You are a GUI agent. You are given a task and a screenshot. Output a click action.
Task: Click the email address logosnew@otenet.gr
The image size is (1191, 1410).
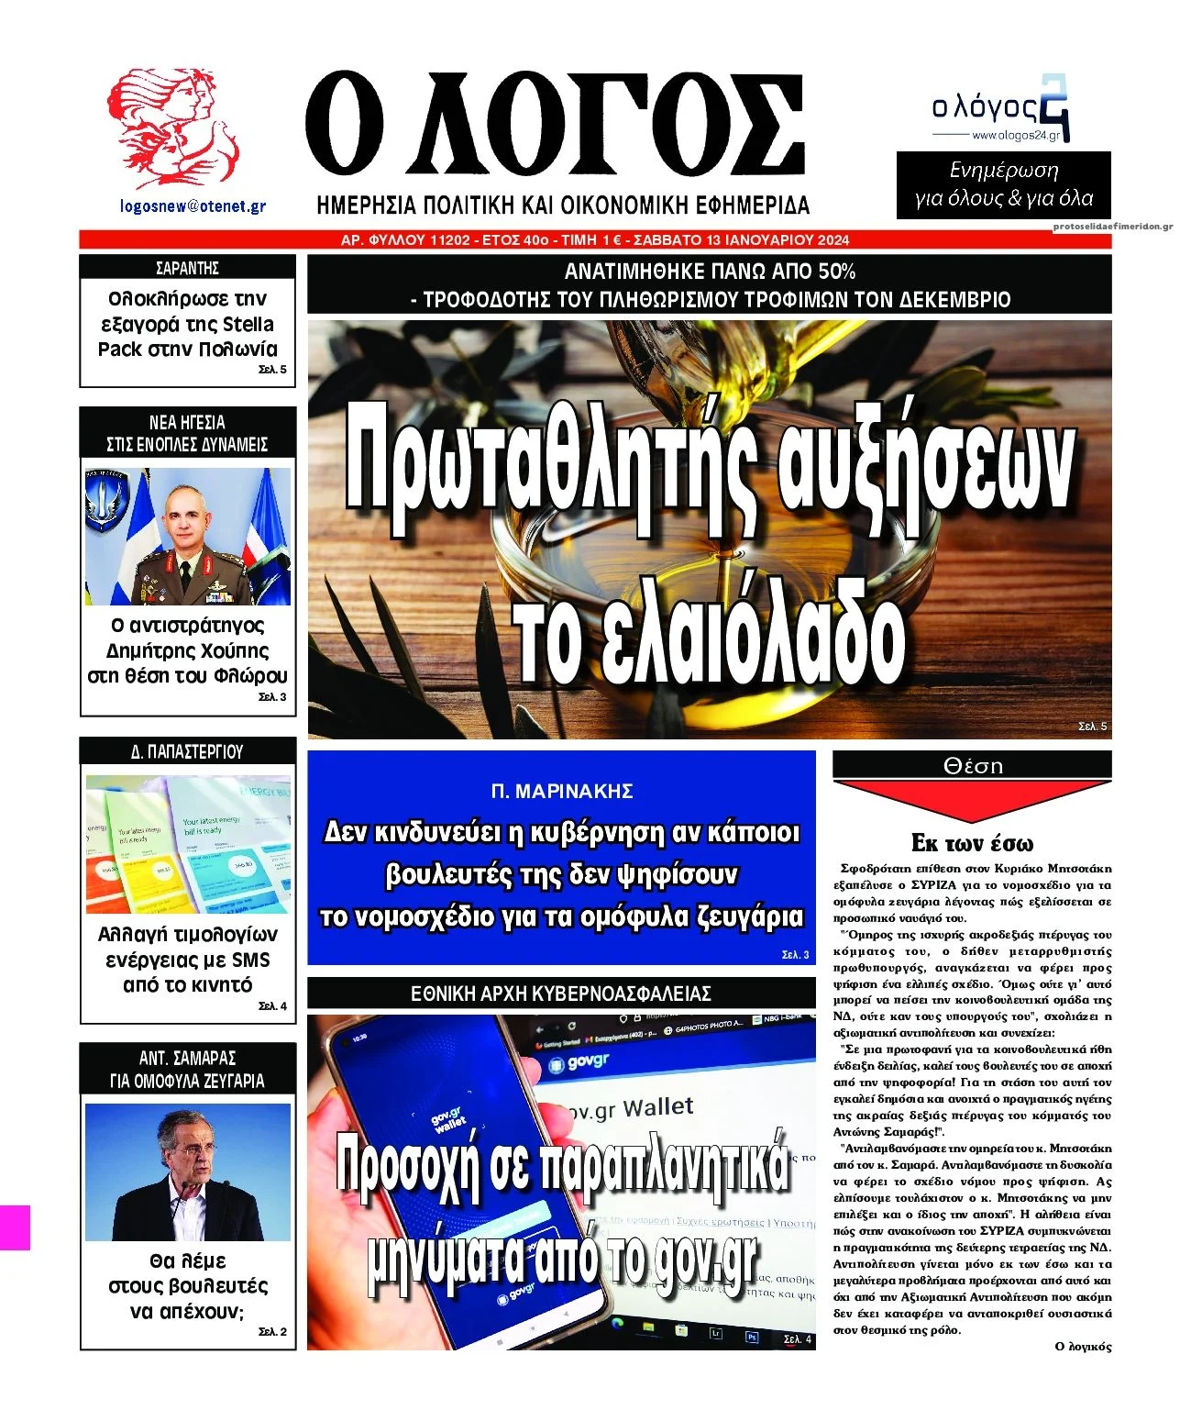point(193,206)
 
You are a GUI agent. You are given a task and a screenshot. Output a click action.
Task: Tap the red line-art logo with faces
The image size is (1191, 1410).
point(172,127)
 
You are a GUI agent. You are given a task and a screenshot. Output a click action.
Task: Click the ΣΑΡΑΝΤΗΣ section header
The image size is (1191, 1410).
point(187,268)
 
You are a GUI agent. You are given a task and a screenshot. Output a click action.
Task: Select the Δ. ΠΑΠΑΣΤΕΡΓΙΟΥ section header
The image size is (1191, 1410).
point(187,751)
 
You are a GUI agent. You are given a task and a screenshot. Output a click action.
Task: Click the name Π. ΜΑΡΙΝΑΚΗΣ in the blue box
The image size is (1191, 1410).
point(561,791)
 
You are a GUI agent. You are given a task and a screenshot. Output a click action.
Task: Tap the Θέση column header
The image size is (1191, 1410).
point(972,766)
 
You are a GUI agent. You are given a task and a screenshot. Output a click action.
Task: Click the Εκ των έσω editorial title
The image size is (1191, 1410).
point(972,843)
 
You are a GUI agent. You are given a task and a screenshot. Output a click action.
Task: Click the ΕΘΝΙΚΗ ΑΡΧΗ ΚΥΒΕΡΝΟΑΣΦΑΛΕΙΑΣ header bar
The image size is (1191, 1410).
point(561,994)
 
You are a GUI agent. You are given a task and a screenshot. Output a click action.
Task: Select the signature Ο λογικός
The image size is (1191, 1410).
point(1083,1347)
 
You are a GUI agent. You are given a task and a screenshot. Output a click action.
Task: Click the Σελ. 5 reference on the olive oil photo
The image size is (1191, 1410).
point(1093,727)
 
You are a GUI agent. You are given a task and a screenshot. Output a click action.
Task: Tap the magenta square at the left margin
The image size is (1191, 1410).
point(15,1227)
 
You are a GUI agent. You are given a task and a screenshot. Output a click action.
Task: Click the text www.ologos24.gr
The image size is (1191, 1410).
point(1015,136)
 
